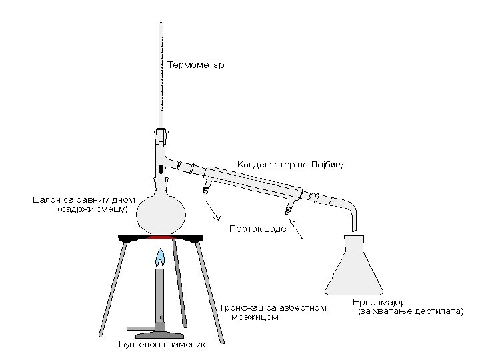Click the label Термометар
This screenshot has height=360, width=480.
coord(195,65)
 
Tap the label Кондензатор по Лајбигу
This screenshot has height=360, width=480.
coord(291,164)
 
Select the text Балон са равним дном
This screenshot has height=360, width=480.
coord(84,199)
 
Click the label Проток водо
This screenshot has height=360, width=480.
coord(258,229)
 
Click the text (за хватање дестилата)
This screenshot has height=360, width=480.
coord(411,311)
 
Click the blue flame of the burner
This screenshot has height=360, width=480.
coord(160,257)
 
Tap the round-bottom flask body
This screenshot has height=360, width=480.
coord(160,213)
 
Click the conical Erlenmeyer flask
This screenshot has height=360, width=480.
coord(353,270)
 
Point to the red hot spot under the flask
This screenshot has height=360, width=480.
coord(160,237)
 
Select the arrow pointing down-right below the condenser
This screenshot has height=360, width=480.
coord(215,212)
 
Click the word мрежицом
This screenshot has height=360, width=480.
coord(255,317)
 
